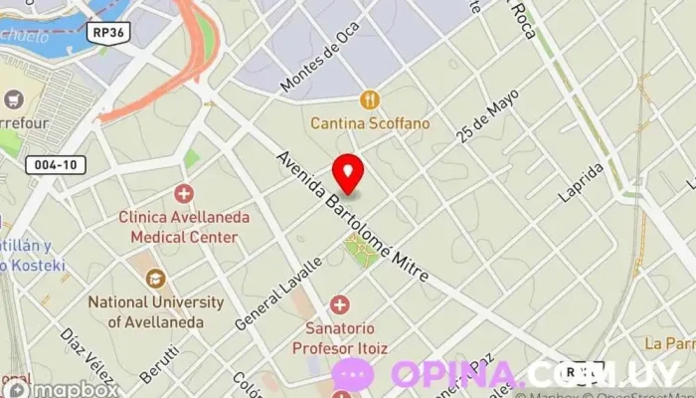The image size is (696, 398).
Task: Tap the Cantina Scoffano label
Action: [x=370, y=123]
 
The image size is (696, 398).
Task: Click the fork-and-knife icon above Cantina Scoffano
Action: [x=370, y=99]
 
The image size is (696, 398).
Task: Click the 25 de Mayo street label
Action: [x=489, y=118]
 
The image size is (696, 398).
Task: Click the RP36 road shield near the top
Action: [x=109, y=31]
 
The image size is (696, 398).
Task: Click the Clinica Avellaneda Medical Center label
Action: [x=184, y=227]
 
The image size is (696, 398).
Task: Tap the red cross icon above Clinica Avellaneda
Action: [x=184, y=193]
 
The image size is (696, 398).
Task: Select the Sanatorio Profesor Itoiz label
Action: [x=339, y=338]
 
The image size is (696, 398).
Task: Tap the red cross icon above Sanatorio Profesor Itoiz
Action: [x=339, y=303]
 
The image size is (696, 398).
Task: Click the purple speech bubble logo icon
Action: [x=353, y=374]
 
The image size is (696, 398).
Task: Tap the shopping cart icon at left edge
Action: [x=12, y=99]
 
